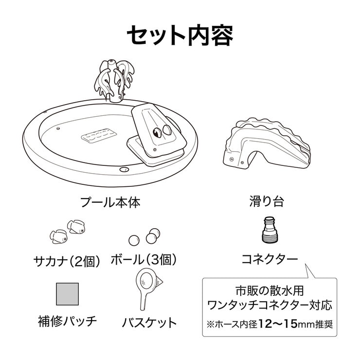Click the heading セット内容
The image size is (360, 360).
coord(180,36)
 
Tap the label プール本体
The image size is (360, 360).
coord(110,202)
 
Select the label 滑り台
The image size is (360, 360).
coord(267,201)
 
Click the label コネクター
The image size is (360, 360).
coord(270,259)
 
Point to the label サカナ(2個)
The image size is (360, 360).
coord(67,261)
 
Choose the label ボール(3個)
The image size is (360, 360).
coord(144,260)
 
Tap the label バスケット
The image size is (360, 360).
coord(149,323)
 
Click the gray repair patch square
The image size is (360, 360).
coord(68,294)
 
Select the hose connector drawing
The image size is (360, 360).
coord(270,230)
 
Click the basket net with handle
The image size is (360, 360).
coord(148,289)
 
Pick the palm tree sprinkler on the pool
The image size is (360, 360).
coord(114,80)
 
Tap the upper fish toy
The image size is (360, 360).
coord(76,226)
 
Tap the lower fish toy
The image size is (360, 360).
coord(59,236)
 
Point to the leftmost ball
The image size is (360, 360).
coord(134,240)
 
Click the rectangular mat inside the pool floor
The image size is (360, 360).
coord(99,135)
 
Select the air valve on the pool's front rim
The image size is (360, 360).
coord(124,169)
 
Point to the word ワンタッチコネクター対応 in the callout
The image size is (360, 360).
coord(270,306)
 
